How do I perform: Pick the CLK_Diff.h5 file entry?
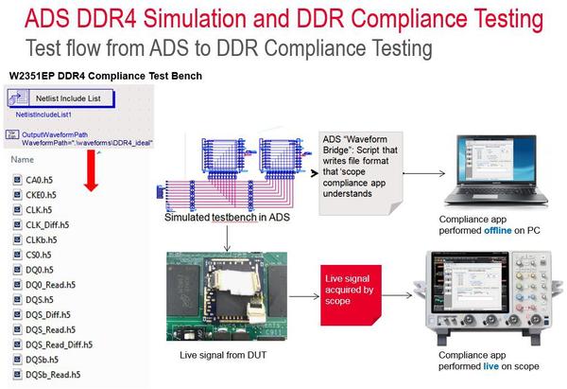(x=46, y=224)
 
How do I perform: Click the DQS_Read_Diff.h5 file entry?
(x=58, y=345)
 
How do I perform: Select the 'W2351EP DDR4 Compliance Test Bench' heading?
(x=105, y=76)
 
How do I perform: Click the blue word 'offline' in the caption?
(x=500, y=229)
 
